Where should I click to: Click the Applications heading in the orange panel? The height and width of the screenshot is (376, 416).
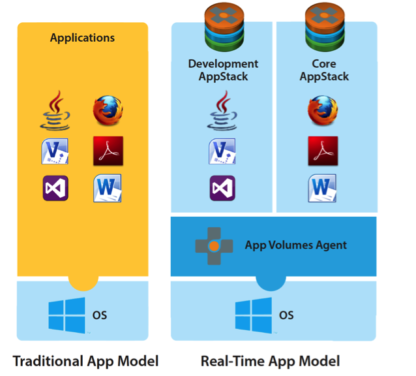pos(82,38)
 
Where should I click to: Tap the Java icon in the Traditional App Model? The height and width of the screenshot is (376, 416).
pos(56,111)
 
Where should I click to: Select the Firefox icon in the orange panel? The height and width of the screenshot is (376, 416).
pos(108,111)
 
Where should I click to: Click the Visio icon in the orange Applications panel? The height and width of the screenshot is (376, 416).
pos(56,151)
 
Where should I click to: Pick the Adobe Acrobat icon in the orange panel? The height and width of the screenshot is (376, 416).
pos(108,151)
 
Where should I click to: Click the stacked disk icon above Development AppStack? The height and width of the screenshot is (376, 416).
pos(223,27)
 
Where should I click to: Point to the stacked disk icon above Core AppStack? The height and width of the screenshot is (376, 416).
pos(324,27)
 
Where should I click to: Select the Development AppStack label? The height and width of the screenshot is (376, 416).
pos(223,70)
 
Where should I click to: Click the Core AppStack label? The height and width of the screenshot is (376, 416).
pos(324,70)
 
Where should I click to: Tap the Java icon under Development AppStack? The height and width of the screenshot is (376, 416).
pos(223,111)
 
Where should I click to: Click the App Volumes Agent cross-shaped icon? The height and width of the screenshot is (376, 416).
pos(214,246)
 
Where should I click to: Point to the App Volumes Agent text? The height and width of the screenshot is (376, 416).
pos(296,246)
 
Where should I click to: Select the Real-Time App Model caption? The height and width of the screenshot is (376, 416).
pos(270,361)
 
